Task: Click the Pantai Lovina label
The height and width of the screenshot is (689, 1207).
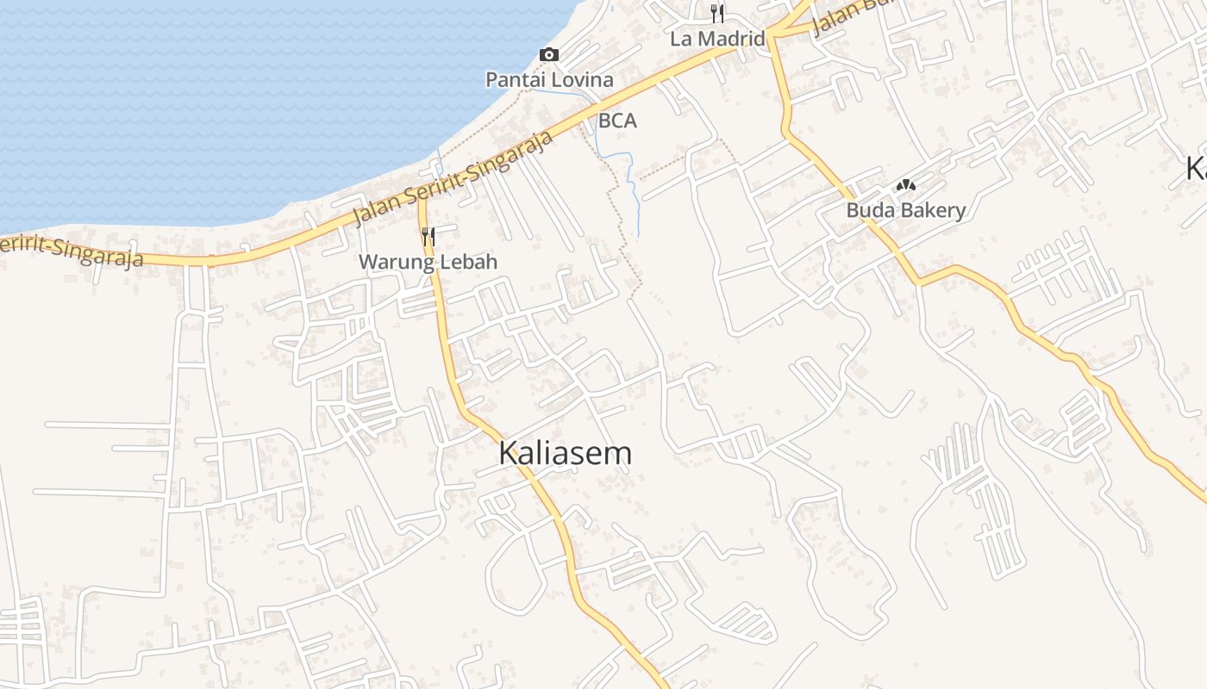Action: pyautogui.click(x=549, y=80)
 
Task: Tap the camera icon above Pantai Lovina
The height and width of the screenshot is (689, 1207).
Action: pyautogui.click(x=549, y=55)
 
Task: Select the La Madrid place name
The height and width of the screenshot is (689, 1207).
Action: pyautogui.click(x=718, y=39)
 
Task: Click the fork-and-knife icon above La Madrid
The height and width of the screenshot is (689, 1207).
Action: pyautogui.click(x=717, y=13)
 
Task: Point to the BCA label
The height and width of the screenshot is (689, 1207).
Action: pyautogui.click(x=617, y=121)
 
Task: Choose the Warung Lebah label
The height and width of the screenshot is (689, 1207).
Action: pyautogui.click(x=428, y=262)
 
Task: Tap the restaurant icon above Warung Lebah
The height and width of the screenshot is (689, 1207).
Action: pyautogui.click(x=428, y=236)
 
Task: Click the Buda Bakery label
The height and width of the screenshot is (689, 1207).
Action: pyautogui.click(x=905, y=210)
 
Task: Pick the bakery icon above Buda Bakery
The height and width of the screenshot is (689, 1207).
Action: pyautogui.click(x=905, y=185)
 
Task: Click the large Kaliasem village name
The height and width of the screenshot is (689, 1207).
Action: pyautogui.click(x=565, y=454)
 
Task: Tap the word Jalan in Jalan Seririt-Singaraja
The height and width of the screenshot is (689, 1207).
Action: pyautogui.click(x=378, y=208)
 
